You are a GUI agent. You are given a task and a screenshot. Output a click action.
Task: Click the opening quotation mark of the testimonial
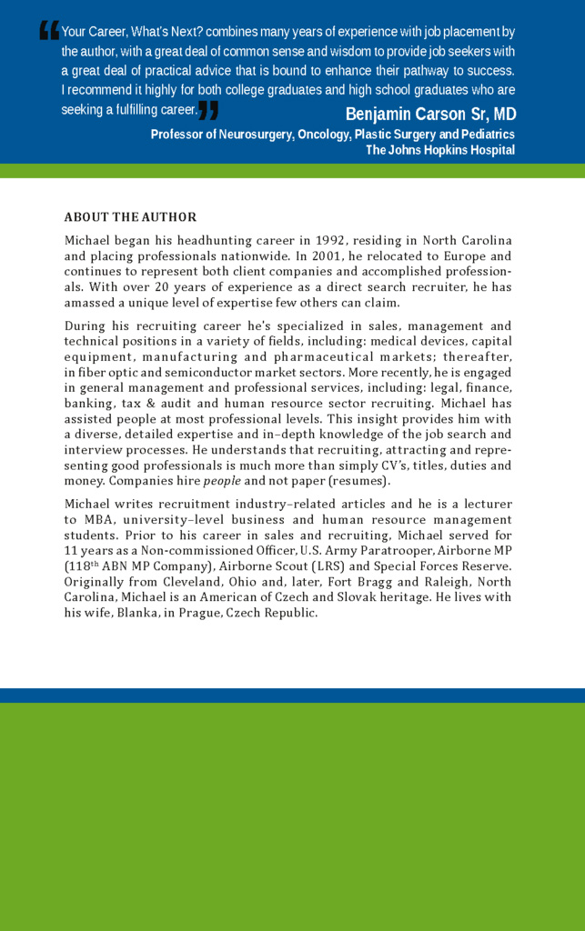tap(49, 31)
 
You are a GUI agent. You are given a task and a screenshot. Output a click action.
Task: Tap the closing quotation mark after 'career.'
tap(208, 111)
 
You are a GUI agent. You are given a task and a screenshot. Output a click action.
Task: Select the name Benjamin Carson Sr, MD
tap(430, 114)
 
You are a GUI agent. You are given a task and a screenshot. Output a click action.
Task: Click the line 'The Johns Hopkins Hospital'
tap(440, 150)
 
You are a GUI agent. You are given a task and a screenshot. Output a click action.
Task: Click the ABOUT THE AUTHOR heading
tap(130, 217)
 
